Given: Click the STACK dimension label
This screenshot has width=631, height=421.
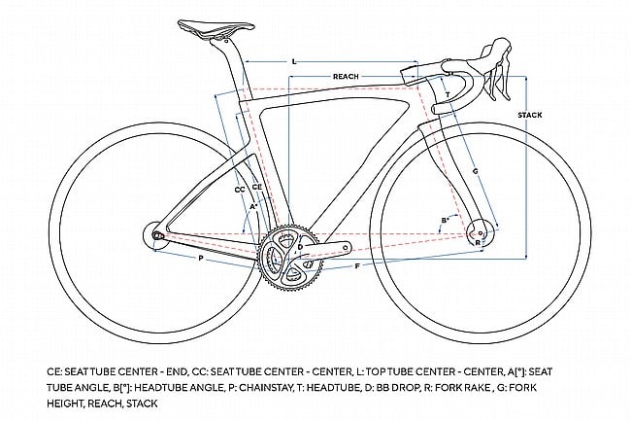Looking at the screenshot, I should pyautogui.click(x=530, y=115).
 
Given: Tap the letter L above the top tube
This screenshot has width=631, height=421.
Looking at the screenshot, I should pyautogui.click(x=294, y=61).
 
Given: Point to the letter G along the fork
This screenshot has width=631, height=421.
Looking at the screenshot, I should pyautogui.click(x=475, y=171).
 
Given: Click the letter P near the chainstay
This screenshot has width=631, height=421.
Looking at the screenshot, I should pyautogui.click(x=200, y=261).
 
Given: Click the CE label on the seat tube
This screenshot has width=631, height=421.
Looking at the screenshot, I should pyautogui.click(x=256, y=185).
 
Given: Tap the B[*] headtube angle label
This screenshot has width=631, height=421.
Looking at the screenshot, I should pyautogui.click(x=446, y=220).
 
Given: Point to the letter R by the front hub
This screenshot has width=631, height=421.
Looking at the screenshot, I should pyautogui.click(x=477, y=241).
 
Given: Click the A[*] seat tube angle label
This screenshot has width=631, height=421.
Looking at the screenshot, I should pyautogui.click(x=253, y=206).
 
